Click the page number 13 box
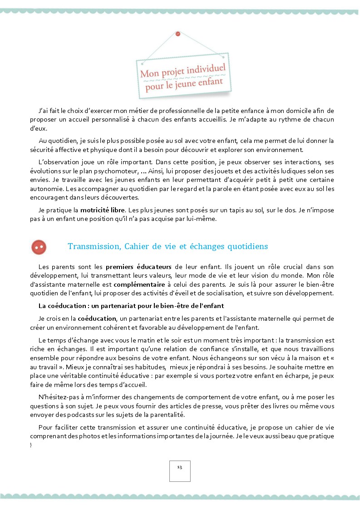pos(180,470)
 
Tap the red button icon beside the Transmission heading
pos(39,247)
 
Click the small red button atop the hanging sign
pos(178,34)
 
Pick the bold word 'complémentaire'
pos(139,284)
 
